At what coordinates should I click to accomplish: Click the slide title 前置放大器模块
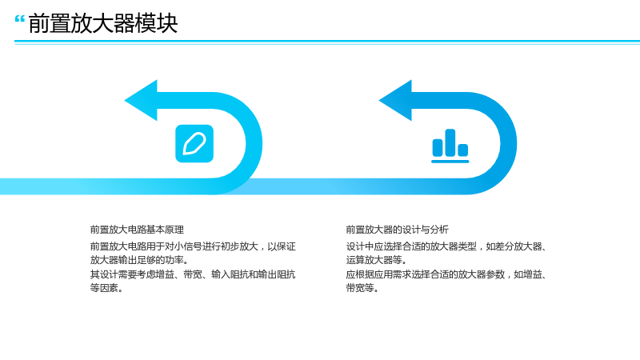click(103, 23)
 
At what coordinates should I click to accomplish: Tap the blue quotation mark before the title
click(19, 19)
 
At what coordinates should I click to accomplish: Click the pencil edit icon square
click(194, 144)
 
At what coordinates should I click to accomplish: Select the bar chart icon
click(450, 146)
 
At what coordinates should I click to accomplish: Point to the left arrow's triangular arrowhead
click(141, 101)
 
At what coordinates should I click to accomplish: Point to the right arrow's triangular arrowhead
click(395, 101)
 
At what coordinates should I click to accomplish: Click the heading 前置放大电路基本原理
click(137, 230)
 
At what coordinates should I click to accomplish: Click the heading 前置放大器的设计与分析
click(397, 230)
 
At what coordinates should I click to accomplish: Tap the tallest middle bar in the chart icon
click(450, 142)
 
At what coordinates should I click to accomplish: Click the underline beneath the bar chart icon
click(450, 162)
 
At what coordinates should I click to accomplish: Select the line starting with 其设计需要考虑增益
click(193, 274)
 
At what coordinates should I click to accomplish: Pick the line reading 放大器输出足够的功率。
click(139, 260)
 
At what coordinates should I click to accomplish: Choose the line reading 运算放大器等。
click(376, 260)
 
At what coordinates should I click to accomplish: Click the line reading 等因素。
click(106, 288)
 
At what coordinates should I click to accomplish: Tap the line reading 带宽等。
click(362, 288)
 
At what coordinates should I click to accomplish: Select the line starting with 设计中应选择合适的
click(446, 246)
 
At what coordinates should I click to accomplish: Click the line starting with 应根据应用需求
click(446, 274)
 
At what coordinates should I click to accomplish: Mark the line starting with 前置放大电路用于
click(193, 246)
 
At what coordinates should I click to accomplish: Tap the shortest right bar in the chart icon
click(463, 150)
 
